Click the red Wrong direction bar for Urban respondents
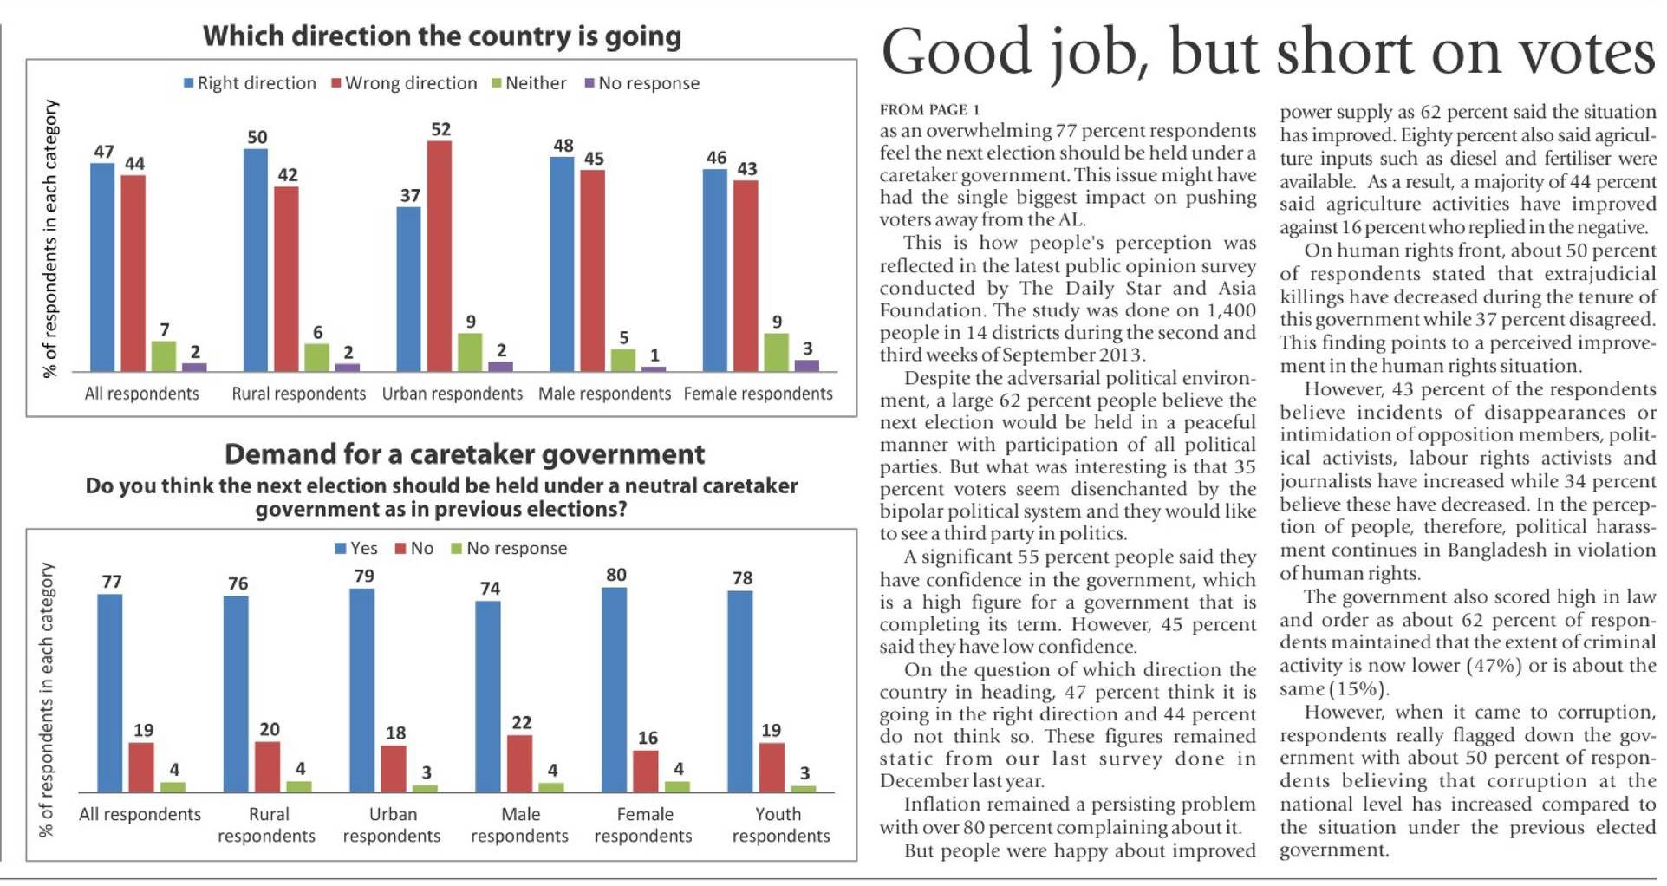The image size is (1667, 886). point(439,256)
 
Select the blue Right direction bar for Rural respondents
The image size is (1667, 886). point(256,260)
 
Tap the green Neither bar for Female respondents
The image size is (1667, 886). point(776,352)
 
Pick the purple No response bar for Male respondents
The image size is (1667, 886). point(654,368)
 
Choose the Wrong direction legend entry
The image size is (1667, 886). point(404,83)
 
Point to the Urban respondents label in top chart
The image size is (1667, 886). point(453,394)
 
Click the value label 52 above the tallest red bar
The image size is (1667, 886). point(440,129)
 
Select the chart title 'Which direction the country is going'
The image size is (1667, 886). point(442,36)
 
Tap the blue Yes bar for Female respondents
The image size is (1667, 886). point(614,689)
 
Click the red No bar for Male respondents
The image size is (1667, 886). point(519,763)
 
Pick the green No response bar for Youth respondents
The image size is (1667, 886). point(804,788)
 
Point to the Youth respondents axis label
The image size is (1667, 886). point(780,824)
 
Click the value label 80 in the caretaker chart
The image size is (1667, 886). point(615,575)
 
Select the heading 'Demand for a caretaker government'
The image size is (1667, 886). point(465,454)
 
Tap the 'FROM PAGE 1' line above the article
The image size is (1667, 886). point(929,110)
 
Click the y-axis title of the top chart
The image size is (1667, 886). point(50,238)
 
